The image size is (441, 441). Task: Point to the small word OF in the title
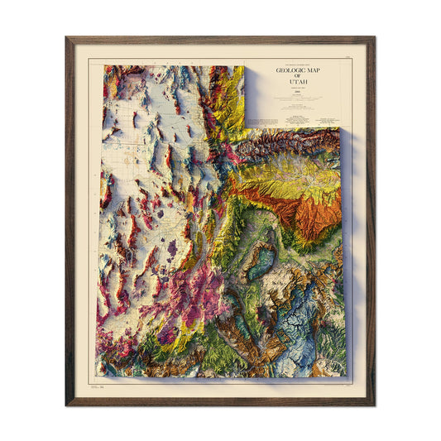(301, 78)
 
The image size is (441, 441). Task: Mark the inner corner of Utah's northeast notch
(246, 128)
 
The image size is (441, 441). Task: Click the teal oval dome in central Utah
(264, 262)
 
